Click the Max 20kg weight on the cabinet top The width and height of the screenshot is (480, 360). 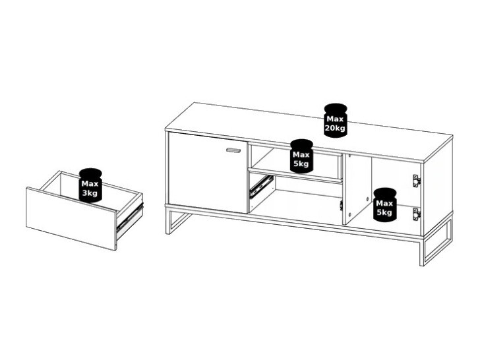(336, 121)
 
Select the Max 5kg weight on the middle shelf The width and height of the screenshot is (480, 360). (301, 156)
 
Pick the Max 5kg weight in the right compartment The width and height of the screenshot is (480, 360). (384, 204)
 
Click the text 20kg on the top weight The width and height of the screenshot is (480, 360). (336, 128)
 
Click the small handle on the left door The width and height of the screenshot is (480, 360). (233, 151)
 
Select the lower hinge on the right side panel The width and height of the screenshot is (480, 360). (416, 212)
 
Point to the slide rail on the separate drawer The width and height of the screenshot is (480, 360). (129, 218)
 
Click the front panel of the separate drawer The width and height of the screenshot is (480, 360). (71, 218)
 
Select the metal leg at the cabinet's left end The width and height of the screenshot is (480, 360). (173, 222)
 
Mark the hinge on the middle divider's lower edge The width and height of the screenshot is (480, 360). (341, 206)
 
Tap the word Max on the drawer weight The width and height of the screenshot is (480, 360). (90, 183)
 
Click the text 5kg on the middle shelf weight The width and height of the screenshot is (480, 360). (301, 163)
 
